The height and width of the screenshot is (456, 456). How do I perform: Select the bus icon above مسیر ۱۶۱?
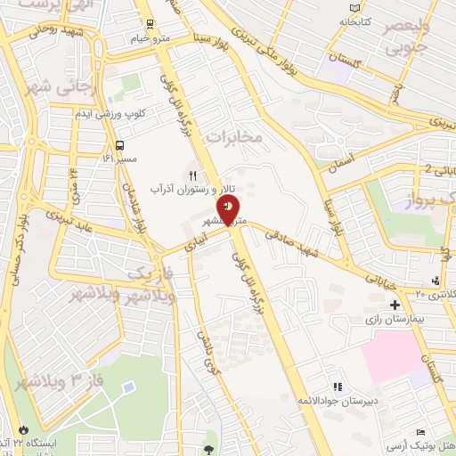119,145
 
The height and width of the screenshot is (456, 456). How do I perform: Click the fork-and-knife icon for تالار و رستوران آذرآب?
191,175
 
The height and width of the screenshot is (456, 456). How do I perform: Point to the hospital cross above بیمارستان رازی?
395,305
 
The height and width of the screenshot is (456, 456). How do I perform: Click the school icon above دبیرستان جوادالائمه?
337,387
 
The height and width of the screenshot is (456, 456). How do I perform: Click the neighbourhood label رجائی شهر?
54,89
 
